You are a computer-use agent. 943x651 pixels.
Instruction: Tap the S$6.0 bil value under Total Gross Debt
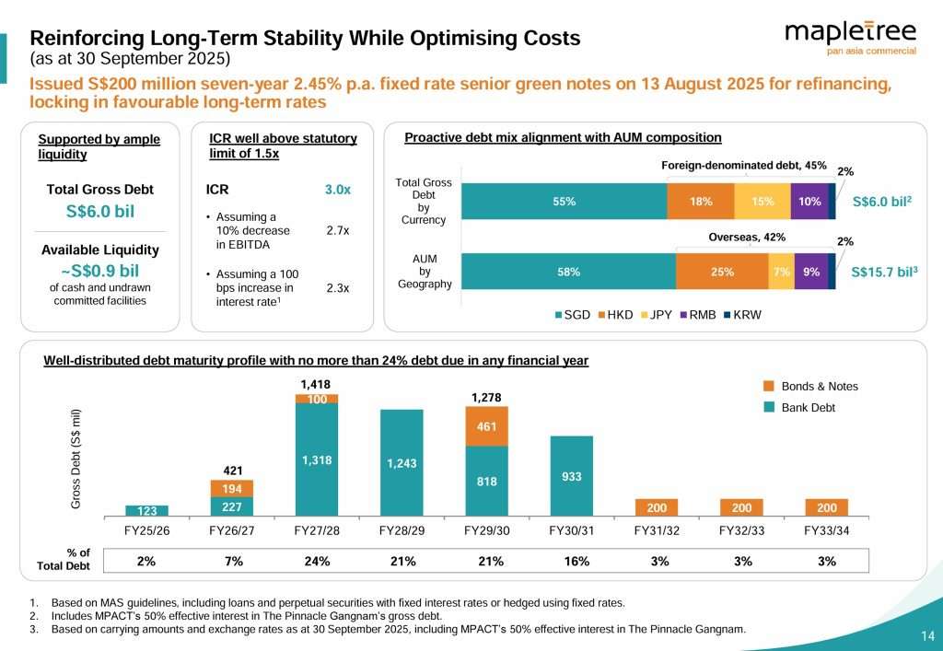point(99,211)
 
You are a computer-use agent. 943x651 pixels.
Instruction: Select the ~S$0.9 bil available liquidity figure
point(99,271)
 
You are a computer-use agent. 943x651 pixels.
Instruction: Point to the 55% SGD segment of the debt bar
point(564,202)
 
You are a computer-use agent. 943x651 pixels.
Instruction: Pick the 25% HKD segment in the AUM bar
point(722,272)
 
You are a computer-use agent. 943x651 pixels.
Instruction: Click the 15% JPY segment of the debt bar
point(762,202)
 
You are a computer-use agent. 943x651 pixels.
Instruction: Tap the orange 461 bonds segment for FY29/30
point(487,427)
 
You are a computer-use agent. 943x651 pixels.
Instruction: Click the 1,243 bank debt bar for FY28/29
point(402,462)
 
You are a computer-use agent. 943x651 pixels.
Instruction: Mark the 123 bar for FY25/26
point(146,510)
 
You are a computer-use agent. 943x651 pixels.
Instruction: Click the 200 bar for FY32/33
point(741,507)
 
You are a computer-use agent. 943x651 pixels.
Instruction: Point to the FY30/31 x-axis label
point(571,531)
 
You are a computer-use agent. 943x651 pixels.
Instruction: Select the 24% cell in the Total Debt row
point(317,561)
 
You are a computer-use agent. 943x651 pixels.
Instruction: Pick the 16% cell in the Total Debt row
point(572,561)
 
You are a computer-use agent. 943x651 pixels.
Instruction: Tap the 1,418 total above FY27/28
point(316,383)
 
